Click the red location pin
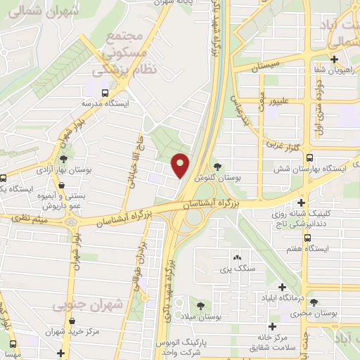(181, 165)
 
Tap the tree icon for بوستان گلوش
(217, 167)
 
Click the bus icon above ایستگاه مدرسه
(105, 92)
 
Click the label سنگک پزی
(236, 269)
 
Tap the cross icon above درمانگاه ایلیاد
(283, 288)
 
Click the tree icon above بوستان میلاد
(202, 304)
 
